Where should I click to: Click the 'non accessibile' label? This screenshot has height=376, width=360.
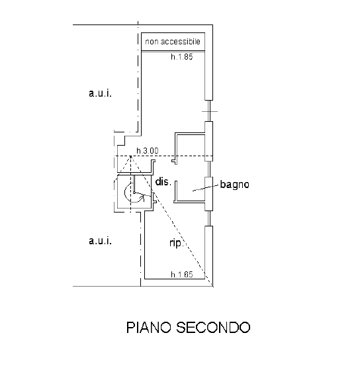tap(173, 42)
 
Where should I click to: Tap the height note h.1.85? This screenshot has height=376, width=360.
tap(182, 57)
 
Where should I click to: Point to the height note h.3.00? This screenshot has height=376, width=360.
tap(148, 151)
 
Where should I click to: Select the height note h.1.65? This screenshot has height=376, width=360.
tap(182, 274)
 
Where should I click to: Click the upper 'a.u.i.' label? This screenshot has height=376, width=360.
tap(100, 93)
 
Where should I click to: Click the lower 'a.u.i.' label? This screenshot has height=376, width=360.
tap(100, 240)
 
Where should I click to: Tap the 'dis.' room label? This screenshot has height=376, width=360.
tap(163, 181)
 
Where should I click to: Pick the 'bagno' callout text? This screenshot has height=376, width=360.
tap(235, 185)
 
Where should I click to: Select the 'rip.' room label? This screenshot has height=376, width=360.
tap(177, 243)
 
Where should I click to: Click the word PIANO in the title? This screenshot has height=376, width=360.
tap(149, 327)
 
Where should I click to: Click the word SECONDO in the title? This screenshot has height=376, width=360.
tap(213, 327)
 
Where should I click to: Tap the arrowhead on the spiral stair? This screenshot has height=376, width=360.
tap(144, 197)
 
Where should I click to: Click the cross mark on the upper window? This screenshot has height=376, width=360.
tap(210, 111)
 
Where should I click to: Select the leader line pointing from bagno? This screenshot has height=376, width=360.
tap(206, 188)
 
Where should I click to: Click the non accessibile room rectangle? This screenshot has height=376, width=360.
tap(173, 42)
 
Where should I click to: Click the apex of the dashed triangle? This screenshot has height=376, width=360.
tap(130, 156)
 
